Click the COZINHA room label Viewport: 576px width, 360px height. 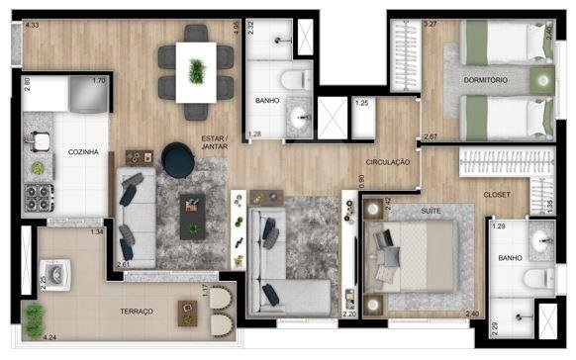[81, 152]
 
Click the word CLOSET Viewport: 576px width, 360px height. [497, 195]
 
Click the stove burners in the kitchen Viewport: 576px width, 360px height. [39, 198]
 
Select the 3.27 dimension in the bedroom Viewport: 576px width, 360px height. [430, 23]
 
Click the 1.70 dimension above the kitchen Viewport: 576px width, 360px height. [98, 81]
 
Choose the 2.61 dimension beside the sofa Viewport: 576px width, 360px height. [123, 265]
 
